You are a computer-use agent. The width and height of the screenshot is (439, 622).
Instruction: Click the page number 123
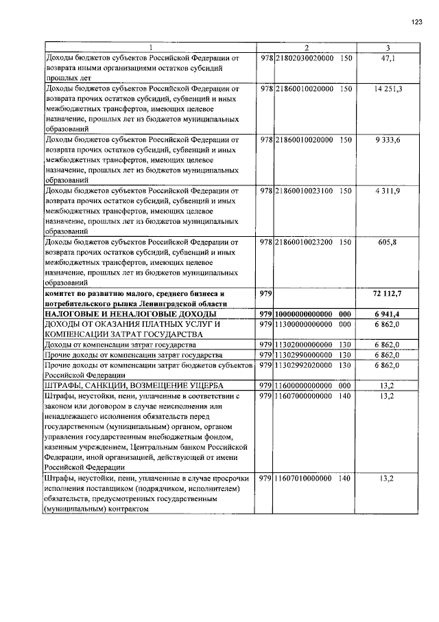point(416,22)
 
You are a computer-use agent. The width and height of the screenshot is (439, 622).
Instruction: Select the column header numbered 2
point(307,47)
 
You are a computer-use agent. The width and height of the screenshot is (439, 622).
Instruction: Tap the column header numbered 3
point(388,47)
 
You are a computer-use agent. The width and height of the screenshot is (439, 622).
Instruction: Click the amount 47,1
point(388,59)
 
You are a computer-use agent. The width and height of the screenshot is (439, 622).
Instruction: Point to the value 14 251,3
point(388,89)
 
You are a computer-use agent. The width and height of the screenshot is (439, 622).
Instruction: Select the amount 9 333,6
point(388,140)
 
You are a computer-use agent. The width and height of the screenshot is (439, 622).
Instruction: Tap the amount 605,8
point(388,242)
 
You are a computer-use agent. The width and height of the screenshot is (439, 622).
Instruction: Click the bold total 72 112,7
point(387,293)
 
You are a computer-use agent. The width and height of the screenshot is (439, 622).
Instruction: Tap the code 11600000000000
point(305,386)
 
